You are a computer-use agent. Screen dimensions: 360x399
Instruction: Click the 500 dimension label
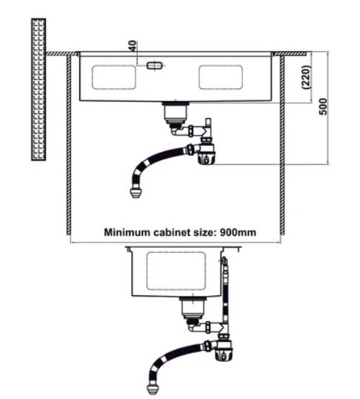[323, 107]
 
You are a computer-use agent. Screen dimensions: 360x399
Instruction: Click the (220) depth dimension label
[306, 77]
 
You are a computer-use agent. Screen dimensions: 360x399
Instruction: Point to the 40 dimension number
[133, 46]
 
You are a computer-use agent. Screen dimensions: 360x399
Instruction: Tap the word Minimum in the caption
[127, 232]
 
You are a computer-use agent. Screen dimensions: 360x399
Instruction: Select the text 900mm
[238, 232]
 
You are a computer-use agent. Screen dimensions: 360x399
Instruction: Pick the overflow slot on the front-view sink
[154, 66]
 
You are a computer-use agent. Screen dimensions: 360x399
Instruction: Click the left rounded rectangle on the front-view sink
[113, 77]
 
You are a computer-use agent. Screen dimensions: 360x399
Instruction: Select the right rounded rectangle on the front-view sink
[221, 77]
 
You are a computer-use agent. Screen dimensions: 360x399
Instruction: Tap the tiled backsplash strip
[39, 89]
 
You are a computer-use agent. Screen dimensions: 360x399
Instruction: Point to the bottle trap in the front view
[207, 154]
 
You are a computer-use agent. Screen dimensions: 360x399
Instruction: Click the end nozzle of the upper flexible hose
[136, 193]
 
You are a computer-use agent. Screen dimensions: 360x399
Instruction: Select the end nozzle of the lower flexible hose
[153, 389]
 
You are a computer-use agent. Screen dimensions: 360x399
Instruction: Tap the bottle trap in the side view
[224, 350]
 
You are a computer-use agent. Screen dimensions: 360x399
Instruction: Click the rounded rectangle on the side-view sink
[176, 271]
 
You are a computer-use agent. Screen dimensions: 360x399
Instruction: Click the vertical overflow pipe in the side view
[225, 295]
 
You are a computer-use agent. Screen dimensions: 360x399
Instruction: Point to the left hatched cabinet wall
[69, 145]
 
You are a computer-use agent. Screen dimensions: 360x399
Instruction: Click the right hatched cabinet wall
[282, 145]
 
